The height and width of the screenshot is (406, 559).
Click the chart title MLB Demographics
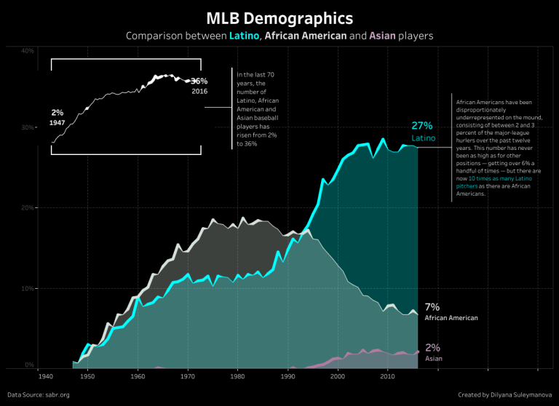(279, 17)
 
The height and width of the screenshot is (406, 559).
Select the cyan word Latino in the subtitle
(244, 36)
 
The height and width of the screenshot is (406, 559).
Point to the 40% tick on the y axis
(28, 51)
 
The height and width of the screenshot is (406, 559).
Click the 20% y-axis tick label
(28, 208)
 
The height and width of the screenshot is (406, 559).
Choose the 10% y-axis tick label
(28, 288)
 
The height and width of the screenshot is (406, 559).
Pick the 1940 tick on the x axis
(45, 376)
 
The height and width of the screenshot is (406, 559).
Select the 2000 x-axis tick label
(337, 376)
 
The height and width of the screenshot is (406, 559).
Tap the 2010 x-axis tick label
(387, 376)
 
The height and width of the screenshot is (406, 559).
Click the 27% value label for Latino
(421, 125)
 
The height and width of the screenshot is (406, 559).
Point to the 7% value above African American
(432, 307)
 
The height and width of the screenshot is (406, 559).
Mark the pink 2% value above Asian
(432, 348)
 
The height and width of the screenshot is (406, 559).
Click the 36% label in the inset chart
(199, 81)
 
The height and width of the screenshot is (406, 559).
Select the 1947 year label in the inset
(58, 123)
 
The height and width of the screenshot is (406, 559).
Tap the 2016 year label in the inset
(200, 92)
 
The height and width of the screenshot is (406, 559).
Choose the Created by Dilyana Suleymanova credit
(503, 394)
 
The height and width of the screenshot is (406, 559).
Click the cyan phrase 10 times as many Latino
(496, 179)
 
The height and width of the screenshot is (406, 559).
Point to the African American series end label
(451, 318)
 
